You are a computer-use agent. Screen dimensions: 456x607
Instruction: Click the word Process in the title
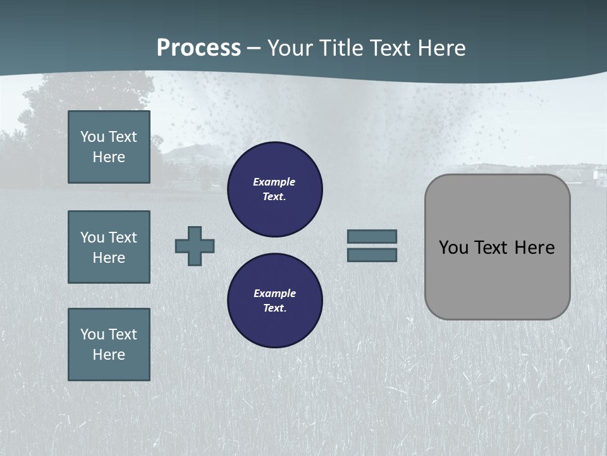click(199, 48)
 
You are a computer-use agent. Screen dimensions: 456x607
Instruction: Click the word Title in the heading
click(339, 48)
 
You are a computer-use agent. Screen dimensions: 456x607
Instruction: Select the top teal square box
click(109, 147)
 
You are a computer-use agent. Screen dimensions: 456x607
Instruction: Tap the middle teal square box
click(109, 247)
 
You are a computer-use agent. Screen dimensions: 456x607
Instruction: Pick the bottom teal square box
click(109, 345)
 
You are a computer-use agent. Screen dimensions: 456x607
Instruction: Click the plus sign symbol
click(195, 246)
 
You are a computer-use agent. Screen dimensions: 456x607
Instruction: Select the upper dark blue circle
click(275, 189)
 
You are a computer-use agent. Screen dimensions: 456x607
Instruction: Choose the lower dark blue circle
click(275, 301)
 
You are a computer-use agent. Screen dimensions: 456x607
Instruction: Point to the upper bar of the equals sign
click(372, 236)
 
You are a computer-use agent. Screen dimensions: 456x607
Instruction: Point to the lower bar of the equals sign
click(372, 255)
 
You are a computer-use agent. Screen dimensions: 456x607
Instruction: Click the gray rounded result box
click(498, 279)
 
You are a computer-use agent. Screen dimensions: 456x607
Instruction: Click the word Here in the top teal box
click(109, 157)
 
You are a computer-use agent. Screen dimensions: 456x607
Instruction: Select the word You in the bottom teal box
click(92, 334)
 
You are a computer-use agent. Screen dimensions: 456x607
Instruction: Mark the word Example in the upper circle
click(274, 182)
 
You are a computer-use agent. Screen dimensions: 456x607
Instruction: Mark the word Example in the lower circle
click(274, 293)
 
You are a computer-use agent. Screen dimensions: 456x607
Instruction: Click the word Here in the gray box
click(534, 248)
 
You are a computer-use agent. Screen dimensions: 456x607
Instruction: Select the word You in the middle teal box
click(92, 237)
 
